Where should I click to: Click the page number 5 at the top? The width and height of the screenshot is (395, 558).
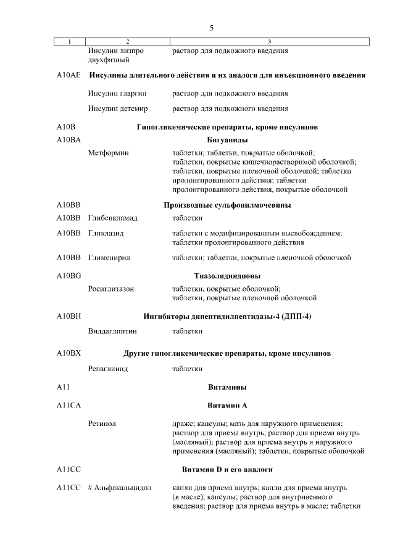click(212, 28)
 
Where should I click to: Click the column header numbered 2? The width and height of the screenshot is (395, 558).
click(127, 41)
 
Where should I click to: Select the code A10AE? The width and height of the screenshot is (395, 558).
click(68, 75)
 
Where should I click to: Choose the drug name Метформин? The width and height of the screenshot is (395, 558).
click(109, 152)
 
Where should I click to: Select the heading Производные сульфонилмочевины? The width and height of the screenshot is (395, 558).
click(227, 205)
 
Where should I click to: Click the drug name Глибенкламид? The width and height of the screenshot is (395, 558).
click(113, 218)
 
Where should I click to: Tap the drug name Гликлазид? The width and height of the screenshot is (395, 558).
click(106, 234)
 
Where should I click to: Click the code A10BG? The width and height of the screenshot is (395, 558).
click(69, 276)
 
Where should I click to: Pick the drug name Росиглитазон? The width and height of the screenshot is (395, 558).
click(111, 289)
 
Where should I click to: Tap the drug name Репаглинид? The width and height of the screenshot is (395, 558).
click(108, 369)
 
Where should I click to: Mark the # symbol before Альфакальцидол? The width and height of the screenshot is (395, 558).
click(91, 488)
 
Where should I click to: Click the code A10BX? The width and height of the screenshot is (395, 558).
click(69, 353)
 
